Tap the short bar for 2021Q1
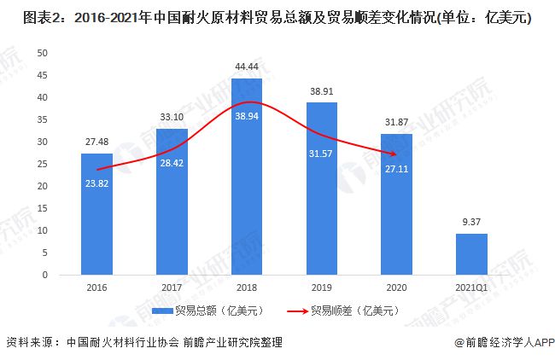[470, 254]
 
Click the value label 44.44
[246, 66]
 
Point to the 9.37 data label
[470, 223]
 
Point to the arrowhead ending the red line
[394, 154]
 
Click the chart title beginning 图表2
[269, 17]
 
